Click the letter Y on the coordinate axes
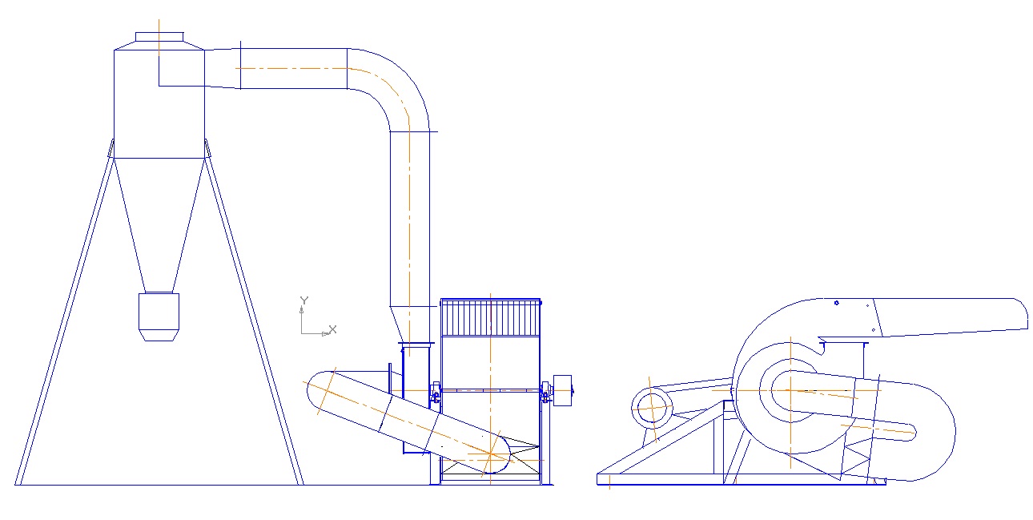304,300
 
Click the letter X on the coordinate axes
332,329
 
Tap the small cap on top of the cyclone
159,36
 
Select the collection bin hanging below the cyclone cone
159,316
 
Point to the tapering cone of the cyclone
159,225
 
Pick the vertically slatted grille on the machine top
491,318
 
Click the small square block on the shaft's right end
562,390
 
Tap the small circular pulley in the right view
652,408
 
